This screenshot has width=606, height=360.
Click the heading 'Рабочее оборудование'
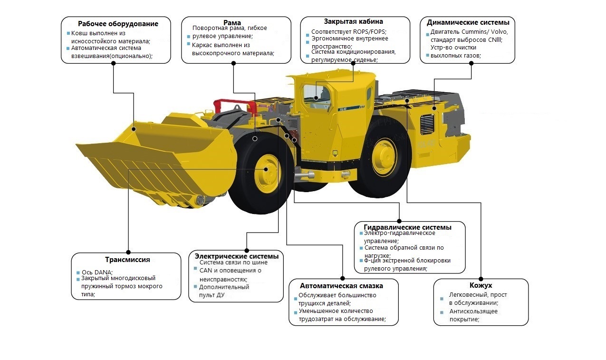coord(118,24)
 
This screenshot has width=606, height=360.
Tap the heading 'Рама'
coord(232,22)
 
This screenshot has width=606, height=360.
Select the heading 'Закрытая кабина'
coord(353,21)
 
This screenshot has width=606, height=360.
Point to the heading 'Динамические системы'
coord(468,22)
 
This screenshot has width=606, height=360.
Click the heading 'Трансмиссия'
coord(127,260)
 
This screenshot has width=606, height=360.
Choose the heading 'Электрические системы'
coord(236,256)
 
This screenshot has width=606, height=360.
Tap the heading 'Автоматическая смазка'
coord(341,286)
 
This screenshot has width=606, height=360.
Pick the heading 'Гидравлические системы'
coord(407,227)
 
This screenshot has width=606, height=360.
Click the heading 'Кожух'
coord(481,285)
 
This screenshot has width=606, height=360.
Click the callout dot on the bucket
coord(134,129)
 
